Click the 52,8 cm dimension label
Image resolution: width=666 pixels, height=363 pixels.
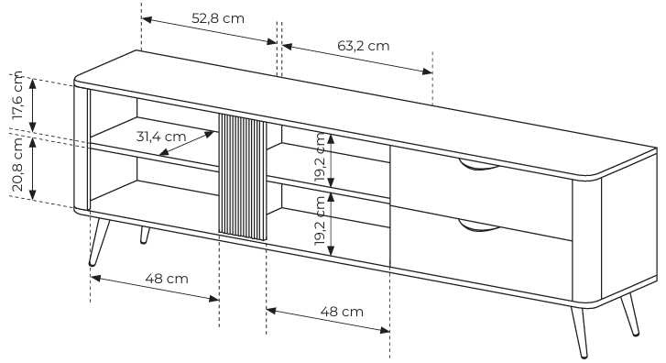(218, 18)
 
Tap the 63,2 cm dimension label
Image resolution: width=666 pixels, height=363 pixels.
(363, 46)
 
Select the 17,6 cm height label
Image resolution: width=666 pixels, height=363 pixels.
(17, 95)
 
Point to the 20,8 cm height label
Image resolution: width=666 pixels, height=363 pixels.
(17, 164)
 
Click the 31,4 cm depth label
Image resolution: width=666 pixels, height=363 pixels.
(161, 137)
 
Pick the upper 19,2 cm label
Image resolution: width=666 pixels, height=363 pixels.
(320, 158)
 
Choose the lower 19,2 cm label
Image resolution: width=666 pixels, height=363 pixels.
(320, 220)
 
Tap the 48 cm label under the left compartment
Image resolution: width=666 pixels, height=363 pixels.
(167, 279)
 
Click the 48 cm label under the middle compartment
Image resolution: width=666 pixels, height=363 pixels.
(342, 312)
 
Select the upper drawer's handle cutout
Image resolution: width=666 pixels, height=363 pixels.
(479, 166)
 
